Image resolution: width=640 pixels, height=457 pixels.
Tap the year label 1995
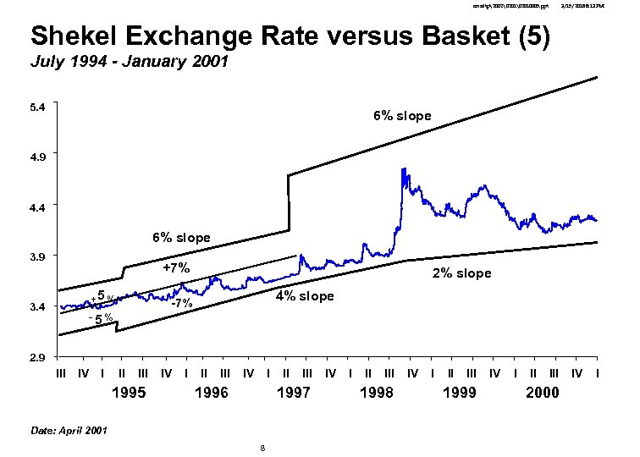click(x=129, y=393)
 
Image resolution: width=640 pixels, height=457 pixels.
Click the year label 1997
click(x=294, y=393)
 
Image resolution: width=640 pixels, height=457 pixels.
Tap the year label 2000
click(x=542, y=393)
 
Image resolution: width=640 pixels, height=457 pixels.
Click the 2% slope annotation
click(x=461, y=273)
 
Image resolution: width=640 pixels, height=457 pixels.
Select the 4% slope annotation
click(x=305, y=296)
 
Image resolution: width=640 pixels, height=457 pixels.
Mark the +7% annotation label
click(x=176, y=269)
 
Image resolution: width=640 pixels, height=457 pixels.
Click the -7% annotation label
click(x=182, y=304)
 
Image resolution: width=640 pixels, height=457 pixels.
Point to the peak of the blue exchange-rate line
click(x=403, y=169)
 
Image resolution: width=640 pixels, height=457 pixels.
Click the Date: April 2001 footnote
click(x=69, y=431)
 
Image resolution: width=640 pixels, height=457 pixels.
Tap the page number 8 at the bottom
click(x=263, y=449)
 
